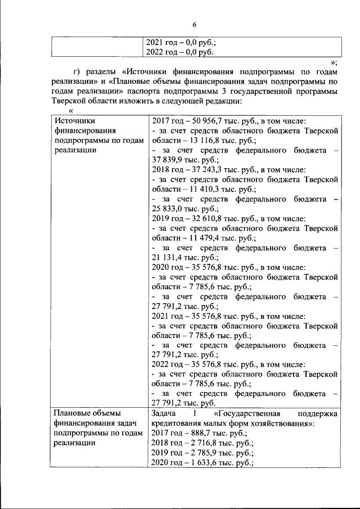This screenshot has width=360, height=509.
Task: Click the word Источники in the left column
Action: (x=74, y=120)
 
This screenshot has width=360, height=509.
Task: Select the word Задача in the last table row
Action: (x=165, y=413)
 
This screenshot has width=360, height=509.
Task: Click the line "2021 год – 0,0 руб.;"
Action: (x=181, y=42)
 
